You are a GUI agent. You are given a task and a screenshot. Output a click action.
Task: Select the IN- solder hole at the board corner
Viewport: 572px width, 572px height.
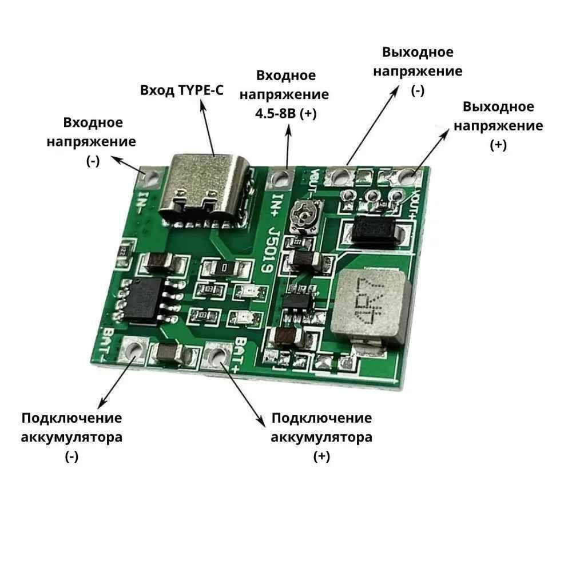152,178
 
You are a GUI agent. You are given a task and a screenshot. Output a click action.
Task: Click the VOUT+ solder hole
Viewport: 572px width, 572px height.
408,176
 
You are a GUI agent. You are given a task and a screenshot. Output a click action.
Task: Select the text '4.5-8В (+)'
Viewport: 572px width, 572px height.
285,113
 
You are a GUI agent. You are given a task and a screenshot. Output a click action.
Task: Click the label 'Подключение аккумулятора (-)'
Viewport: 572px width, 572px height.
71,437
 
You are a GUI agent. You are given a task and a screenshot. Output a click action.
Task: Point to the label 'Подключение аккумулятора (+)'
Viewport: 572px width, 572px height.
321,437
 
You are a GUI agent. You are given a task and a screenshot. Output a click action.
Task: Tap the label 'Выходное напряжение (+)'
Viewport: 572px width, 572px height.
499,126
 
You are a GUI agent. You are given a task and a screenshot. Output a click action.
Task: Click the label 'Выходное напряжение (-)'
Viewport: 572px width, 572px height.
418,71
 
